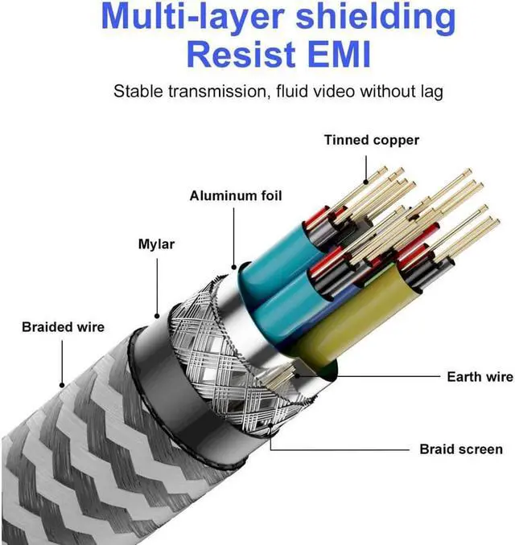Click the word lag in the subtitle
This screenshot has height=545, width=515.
[x=429, y=91]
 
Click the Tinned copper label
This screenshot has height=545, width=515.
[x=371, y=141]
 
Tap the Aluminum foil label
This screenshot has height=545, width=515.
[x=236, y=196]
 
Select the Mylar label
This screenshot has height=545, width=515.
[x=156, y=243]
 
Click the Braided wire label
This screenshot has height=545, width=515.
[x=63, y=327]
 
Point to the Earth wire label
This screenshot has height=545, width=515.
[x=480, y=376]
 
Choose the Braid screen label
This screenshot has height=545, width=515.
[x=461, y=449]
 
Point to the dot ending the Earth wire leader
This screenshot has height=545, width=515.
[x=297, y=372]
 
